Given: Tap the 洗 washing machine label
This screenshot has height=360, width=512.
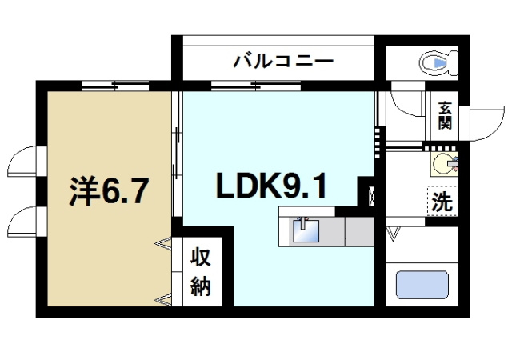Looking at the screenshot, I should (x=442, y=201).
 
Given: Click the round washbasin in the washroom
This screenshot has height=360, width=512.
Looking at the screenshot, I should (x=442, y=164).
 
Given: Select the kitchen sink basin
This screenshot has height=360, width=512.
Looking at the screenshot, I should (x=305, y=231).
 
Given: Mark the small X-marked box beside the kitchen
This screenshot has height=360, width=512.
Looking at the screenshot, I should (x=370, y=194).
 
